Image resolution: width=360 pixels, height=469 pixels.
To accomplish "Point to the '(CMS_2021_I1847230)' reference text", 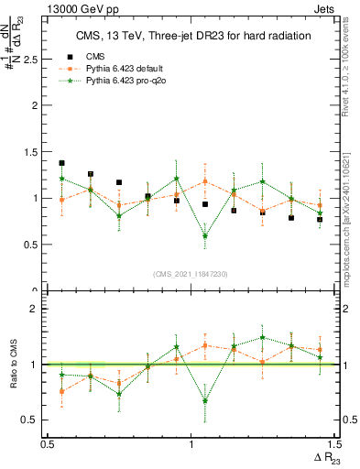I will click(191, 274).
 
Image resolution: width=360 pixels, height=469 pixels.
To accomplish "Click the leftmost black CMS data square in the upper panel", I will click(61, 163).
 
